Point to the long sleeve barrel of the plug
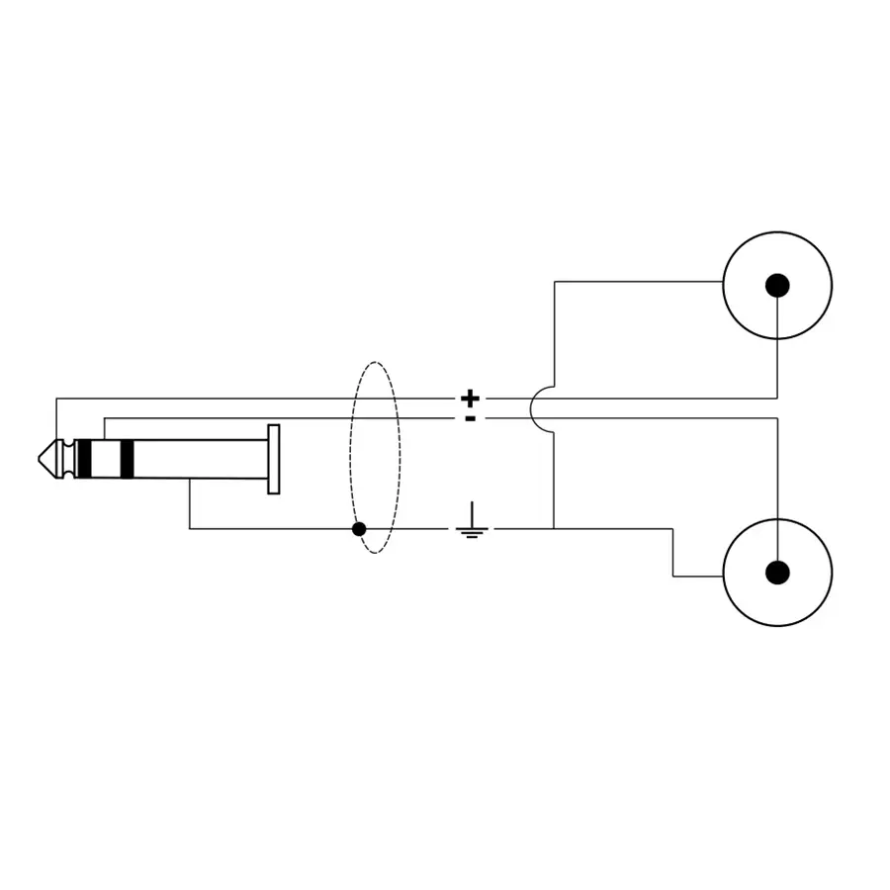pos(198,459)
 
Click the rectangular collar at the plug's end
pos(274,459)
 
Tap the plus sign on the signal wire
pos(471,399)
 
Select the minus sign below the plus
pos(471,418)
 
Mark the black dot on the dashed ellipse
pos(359,529)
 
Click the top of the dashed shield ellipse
pos(375,364)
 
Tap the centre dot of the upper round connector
pos(777,286)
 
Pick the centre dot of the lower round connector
pos(777,572)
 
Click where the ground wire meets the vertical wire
pos(554,528)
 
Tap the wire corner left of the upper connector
pos(555,282)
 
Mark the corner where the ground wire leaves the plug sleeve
pos(190,528)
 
